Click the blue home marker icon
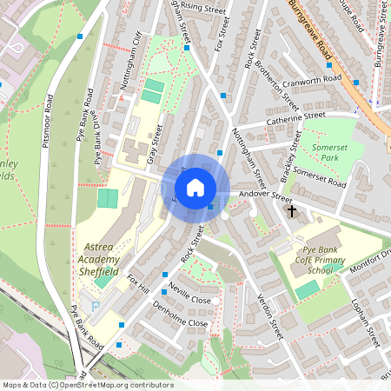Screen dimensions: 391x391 pos(195,188)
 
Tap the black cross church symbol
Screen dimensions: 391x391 pos(291,211)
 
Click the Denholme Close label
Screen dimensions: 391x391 pos(179,315)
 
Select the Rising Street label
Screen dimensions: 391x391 pos(203,7)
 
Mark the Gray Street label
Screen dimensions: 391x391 pos(156,142)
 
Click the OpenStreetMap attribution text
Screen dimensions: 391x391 pos(88,385)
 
